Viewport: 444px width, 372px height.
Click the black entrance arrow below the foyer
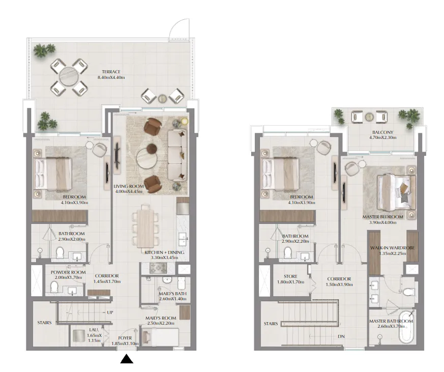pyautogui.click(x=127, y=359)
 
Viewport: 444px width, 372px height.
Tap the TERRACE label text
pyautogui.click(x=110, y=72)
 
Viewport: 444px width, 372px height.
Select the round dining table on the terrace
pyautogui.click(x=68, y=77)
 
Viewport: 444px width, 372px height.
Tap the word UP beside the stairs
pyautogui.click(x=110, y=312)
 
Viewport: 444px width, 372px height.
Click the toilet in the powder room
pyautogui.click(x=54, y=288)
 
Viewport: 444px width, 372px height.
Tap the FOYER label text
pyautogui.click(x=125, y=337)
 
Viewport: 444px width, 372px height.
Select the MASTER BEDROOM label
pyautogui.click(x=382, y=216)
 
